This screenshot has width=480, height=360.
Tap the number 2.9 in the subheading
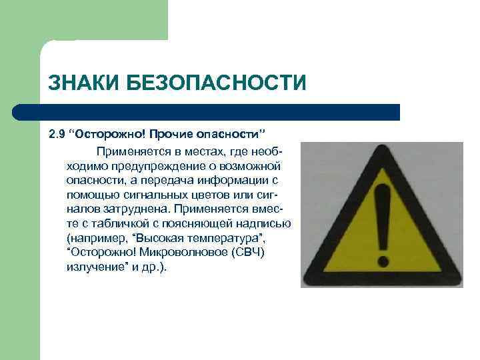(57, 135)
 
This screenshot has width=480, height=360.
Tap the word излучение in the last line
(96, 267)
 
